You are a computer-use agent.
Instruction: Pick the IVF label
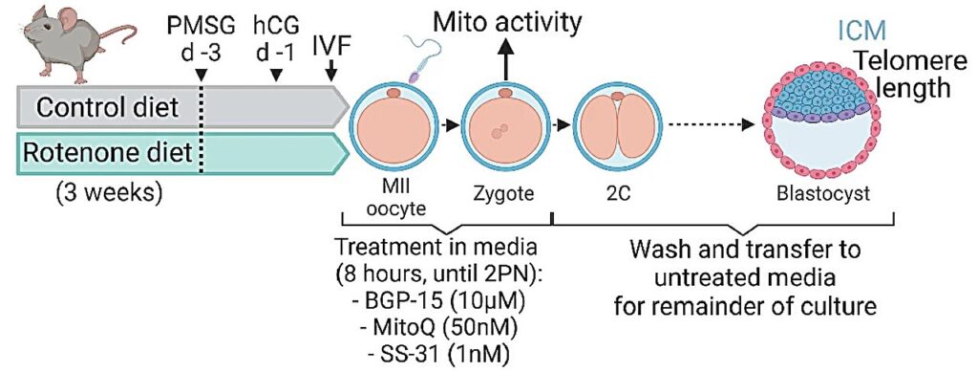(x=330, y=42)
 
